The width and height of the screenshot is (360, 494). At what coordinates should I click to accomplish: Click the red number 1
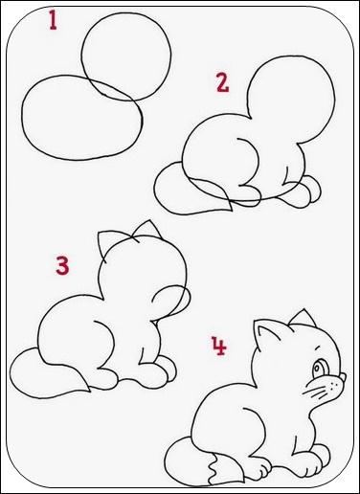[x=53, y=20]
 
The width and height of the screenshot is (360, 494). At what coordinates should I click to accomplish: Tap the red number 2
[x=222, y=82]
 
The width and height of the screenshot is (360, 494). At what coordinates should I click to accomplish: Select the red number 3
[x=62, y=264]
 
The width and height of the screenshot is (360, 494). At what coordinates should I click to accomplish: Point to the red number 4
[x=219, y=346]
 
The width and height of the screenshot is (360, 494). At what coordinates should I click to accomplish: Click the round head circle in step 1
[x=82, y=55]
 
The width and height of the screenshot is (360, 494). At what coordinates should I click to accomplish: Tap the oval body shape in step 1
[x=23, y=118]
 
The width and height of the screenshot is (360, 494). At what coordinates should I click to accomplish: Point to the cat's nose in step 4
[x=343, y=377]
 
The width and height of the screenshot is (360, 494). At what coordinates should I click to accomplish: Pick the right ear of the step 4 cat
[x=304, y=318]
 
